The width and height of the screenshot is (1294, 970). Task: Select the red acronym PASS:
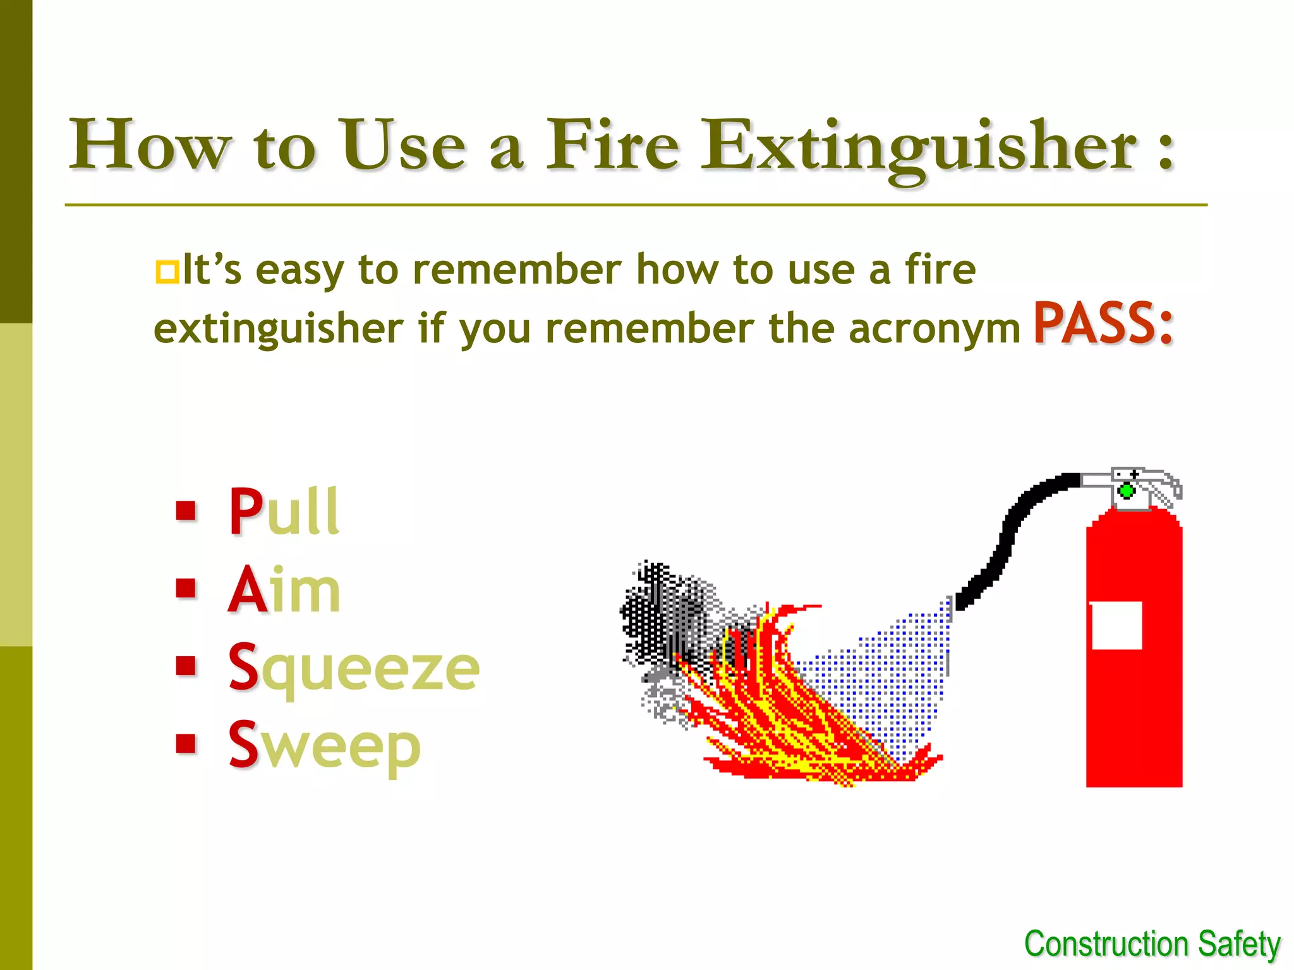tap(1103, 323)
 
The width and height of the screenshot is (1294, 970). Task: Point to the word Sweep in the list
tap(324, 745)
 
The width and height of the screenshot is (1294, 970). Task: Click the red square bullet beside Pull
tap(186, 510)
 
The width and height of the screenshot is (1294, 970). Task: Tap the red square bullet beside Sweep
tap(186, 744)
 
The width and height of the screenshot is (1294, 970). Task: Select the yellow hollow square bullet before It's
tap(167, 272)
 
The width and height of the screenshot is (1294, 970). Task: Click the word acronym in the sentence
tap(934, 329)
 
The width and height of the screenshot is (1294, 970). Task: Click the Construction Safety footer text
tap(1152, 944)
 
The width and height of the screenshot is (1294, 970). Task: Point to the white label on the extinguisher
tap(1116, 625)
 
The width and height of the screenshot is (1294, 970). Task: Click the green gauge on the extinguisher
tap(1127, 491)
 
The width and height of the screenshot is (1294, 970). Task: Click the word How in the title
tap(149, 145)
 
